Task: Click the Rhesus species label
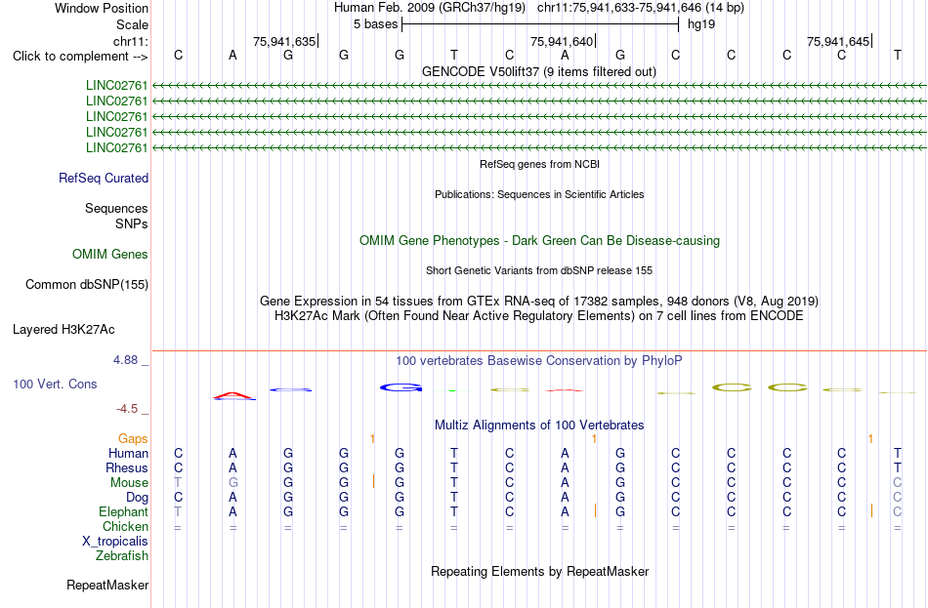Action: pyautogui.click(x=127, y=467)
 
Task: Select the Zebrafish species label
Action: pyautogui.click(x=122, y=556)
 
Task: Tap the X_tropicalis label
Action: pyautogui.click(x=115, y=542)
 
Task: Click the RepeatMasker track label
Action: pyautogui.click(x=107, y=585)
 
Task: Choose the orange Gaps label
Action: pyautogui.click(x=133, y=439)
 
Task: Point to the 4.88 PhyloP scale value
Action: pyautogui.click(x=125, y=360)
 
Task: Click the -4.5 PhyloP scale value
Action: pyautogui.click(x=127, y=409)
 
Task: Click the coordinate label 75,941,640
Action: pyautogui.click(x=561, y=41)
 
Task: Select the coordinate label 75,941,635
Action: pyautogui.click(x=284, y=41)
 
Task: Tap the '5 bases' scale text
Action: pyautogui.click(x=376, y=24)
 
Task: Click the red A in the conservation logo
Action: pyautogui.click(x=233, y=395)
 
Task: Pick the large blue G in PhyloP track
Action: pyautogui.click(x=401, y=388)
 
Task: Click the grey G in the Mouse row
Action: pyautogui.click(x=233, y=483)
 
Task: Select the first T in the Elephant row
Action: pyautogui.click(x=178, y=511)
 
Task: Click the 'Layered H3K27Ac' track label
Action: pyautogui.click(x=63, y=330)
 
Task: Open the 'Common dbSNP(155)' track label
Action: pyautogui.click(x=87, y=285)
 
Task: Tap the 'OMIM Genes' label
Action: pyautogui.click(x=110, y=255)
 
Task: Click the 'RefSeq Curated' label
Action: pyautogui.click(x=104, y=178)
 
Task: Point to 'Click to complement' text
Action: pyautogui.click(x=71, y=57)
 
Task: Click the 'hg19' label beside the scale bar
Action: pyautogui.click(x=701, y=24)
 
